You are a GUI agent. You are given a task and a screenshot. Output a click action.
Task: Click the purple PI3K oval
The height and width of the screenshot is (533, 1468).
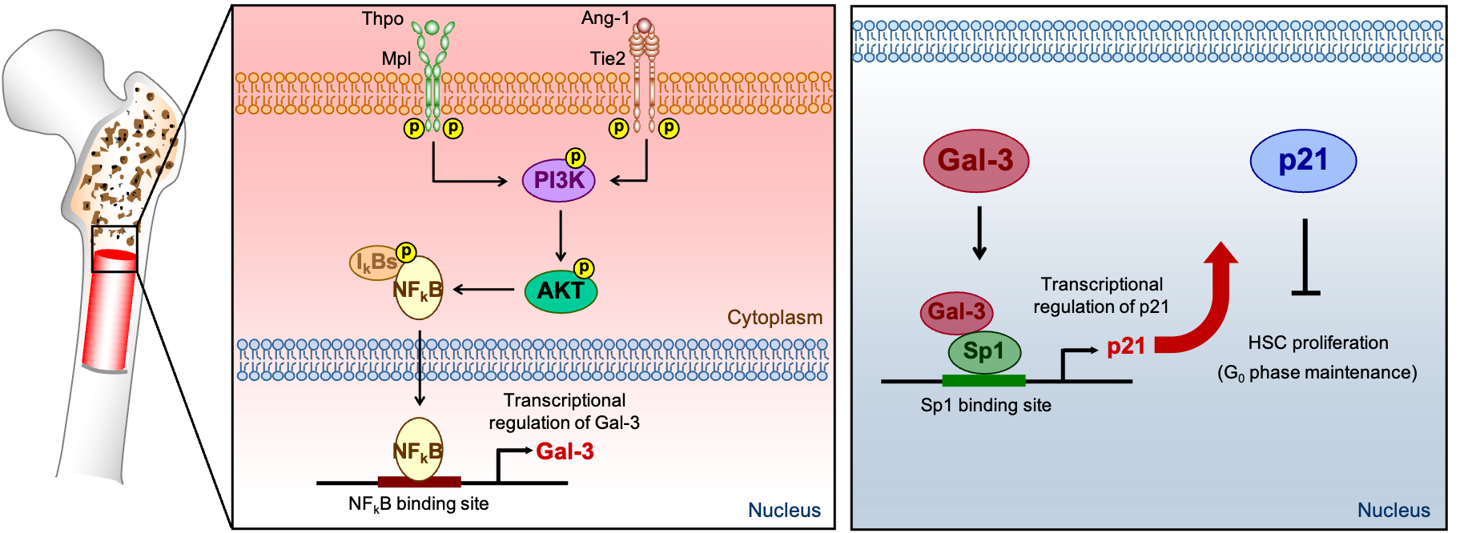[x=558, y=180]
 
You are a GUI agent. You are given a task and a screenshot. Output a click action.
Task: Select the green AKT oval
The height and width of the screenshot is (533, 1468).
[x=561, y=291]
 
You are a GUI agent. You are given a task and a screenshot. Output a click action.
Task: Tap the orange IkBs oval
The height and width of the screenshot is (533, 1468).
[x=374, y=262]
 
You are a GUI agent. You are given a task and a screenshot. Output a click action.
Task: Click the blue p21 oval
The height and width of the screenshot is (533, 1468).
[x=1303, y=161]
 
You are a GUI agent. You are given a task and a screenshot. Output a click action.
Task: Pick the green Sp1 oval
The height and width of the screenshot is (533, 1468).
[x=983, y=351]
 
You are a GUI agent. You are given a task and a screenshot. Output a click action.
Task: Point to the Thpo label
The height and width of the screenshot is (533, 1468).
[x=382, y=18]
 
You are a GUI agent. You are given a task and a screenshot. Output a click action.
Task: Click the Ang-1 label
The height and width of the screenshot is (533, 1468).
[x=605, y=18]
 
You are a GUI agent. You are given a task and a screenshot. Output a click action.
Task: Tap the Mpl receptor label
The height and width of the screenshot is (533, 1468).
[x=396, y=58]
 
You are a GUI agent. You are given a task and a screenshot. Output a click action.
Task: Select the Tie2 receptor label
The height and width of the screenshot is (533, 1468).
[x=607, y=58]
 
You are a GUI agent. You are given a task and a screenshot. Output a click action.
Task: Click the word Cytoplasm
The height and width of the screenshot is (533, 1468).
[x=774, y=318]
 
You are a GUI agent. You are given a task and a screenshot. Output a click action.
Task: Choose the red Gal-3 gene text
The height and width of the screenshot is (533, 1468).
[x=565, y=451]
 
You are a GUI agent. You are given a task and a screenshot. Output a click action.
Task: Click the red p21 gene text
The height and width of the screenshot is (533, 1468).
[x=1125, y=347]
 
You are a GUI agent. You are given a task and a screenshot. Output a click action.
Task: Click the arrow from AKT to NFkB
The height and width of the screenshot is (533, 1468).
[x=484, y=290]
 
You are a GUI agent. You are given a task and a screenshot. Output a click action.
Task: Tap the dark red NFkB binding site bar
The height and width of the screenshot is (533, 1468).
[x=419, y=482]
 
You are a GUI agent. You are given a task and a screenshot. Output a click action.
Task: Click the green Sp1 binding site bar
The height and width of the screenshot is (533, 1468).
[x=983, y=380]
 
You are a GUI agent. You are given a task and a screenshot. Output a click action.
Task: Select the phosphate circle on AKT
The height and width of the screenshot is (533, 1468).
[x=584, y=268]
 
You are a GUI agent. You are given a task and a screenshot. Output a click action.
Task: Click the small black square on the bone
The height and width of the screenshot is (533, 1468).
[x=115, y=249]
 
